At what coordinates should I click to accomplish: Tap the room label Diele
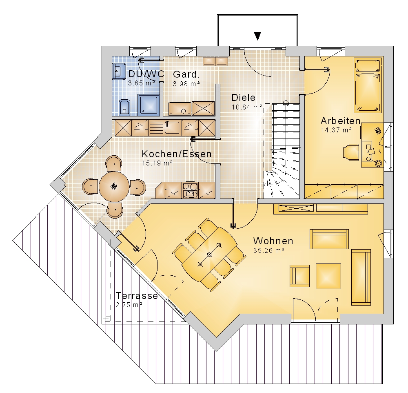point(243,98)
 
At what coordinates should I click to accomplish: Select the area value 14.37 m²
point(337,130)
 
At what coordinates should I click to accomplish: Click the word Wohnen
point(273,241)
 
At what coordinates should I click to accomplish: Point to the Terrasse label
point(137,296)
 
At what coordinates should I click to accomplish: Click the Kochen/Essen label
point(177,154)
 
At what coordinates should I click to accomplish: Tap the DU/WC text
point(146,74)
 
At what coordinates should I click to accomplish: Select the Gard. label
point(186,74)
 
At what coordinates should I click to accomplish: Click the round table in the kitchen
point(114,187)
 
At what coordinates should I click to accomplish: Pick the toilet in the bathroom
point(124,107)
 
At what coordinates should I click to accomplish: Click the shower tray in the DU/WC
point(149,105)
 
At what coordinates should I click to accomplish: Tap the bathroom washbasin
point(119,71)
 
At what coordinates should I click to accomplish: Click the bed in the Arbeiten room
point(368,85)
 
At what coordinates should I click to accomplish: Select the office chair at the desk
point(350,152)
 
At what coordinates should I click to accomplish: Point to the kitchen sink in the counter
point(172,128)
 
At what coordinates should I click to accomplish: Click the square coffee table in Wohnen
point(328,276)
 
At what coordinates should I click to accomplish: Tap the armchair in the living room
point(300,276)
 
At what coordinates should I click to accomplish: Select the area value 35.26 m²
point(269,250)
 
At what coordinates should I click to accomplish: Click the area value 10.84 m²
point(247,107)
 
